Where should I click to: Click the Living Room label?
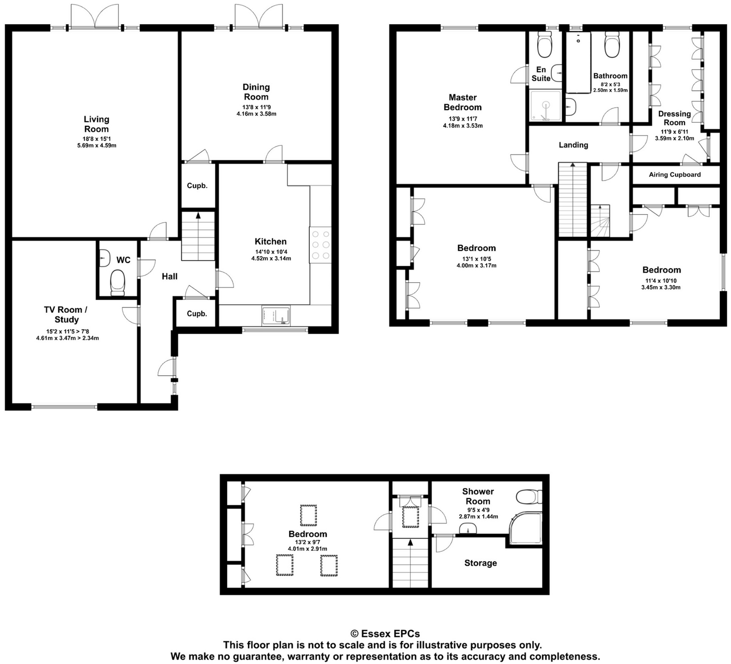pyautogui.click(x=96, y=124)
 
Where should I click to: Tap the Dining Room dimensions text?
pyautogui.click(x=256, y=111)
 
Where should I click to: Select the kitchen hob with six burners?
pyautogui.click(x=321, y=245)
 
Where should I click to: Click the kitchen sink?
pyautogui.click(x=275, y=316)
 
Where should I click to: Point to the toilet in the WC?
pyautogui.click(x=117, y=282)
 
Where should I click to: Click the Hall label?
pyautogui.click(x=170, y=276)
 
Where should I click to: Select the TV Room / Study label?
pyautogui.click(x=66, y=315)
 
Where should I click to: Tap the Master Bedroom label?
pyautogui.click(x=462, y=102)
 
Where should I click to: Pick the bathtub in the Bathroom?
pyautogui.click(x=578, y=62)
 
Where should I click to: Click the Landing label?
pyautogui.click(x=573, y=145)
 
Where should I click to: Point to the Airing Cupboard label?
pyautogui.click(x=675, y=175)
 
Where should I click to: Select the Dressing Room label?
pyautogui.click(x=674, y=118)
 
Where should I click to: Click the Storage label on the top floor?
pyautogui.click(x=480, y=563)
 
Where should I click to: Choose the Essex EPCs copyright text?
pyautogui.click(x=385, y=634)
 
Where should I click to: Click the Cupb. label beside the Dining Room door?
pyautogui.click(x=197, y=186)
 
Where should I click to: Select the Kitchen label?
pyautogui.click(x=270, y=241)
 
